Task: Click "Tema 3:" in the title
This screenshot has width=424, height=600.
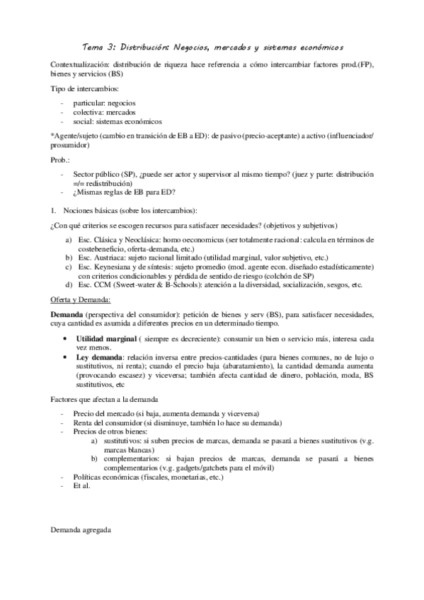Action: (x=99, y=47)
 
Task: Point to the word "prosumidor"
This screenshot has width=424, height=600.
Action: (x=69, y=145)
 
